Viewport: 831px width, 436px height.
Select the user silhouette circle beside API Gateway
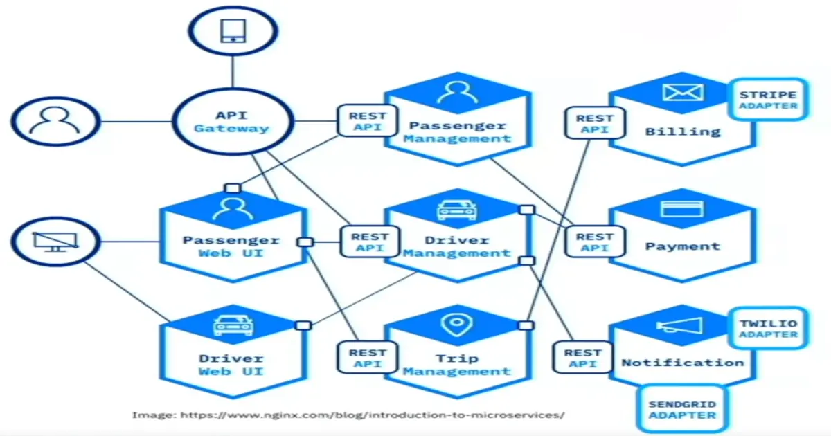(x=56, y=122)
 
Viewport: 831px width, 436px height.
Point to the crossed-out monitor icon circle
(x=56, y=242)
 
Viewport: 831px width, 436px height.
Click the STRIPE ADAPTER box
(x=767, y=100)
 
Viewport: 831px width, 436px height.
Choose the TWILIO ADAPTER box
(x=767, y=329)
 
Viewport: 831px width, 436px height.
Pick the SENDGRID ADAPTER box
(x=682, y=409)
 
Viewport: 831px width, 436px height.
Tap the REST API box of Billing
(x=594, y=124)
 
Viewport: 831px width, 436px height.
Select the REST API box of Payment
(x=594, y=242)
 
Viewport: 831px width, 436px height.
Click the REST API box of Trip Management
(x=368, y=358)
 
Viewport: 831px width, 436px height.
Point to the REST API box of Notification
(x=582, y=358)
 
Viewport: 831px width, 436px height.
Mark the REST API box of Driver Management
(x=368, y=242)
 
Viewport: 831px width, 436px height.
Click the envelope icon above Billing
(x=682, y=93)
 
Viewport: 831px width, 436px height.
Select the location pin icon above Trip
(x=456, y=324)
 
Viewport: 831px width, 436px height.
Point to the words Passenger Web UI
(x=231, y=247)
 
